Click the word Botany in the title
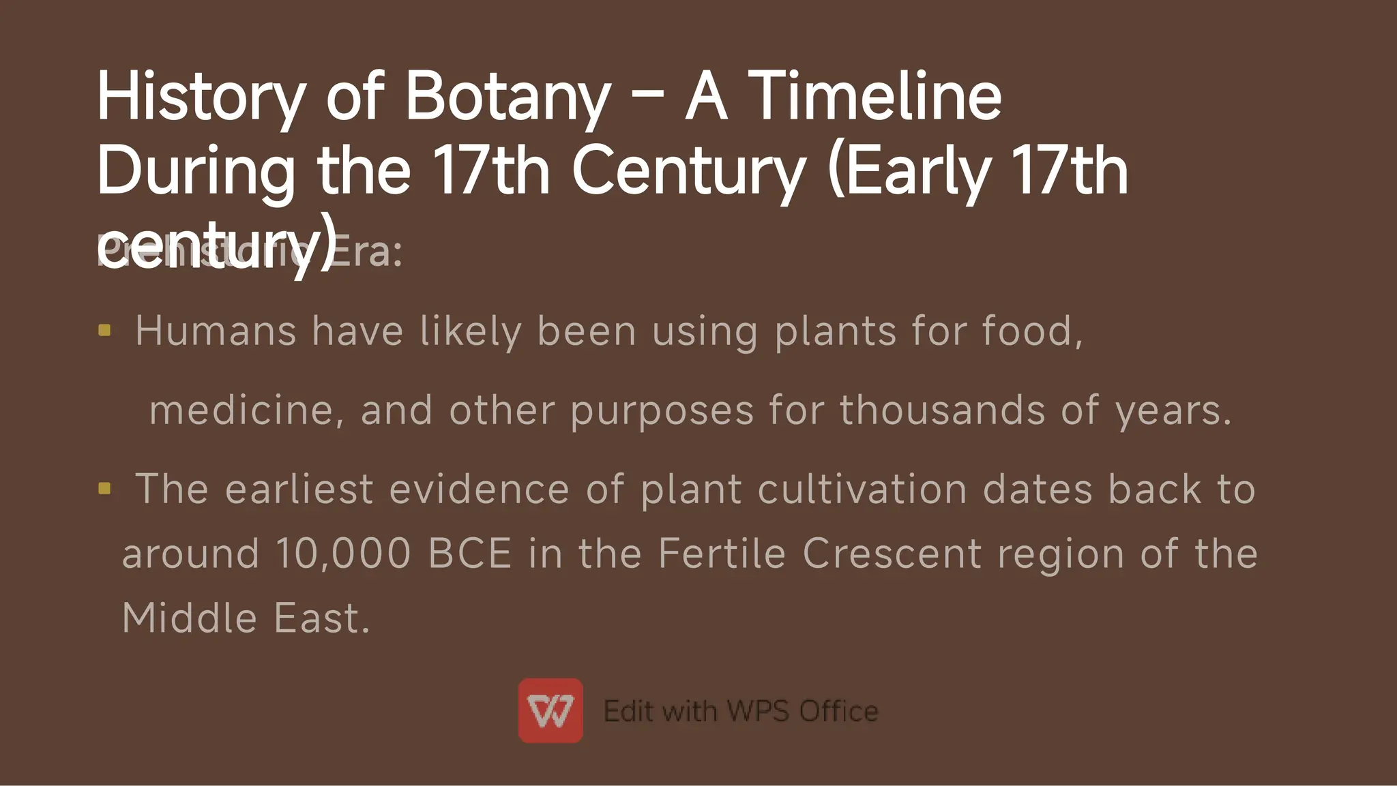508,97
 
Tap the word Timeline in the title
875,97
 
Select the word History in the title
201,97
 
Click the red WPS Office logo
550,710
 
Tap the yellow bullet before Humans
104,331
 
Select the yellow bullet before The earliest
104,488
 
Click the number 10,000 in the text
343,553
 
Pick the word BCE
470,553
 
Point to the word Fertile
722,553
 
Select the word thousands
942,410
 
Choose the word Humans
216,332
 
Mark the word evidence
479,489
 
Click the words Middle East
246,618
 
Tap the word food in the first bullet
1031,332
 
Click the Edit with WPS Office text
741,711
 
